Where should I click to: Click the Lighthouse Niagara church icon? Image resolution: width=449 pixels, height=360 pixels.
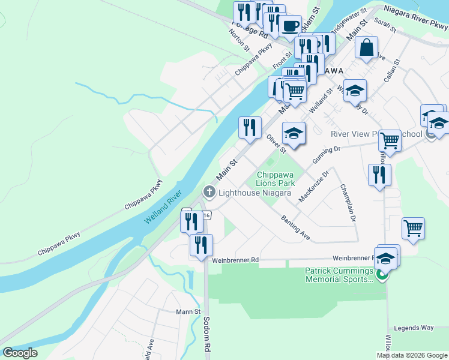[209, 192]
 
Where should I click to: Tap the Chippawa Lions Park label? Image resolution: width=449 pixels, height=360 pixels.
[277, 178]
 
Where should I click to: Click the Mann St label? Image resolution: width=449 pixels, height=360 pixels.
[188, 312]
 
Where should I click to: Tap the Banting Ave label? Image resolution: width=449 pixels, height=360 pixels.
[295, 228]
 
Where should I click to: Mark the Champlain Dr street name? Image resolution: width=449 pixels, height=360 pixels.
[348, 203]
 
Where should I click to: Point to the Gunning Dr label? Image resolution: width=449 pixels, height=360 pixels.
[327, 155]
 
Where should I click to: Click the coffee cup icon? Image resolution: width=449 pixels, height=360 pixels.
[291, 26]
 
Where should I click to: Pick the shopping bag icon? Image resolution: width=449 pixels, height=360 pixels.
[366, 47]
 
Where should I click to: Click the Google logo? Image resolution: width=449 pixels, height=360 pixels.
[20, 353]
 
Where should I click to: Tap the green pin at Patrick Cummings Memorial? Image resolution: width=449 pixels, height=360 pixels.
[382, 275]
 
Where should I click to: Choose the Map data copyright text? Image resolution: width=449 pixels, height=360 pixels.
[412, 355]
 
